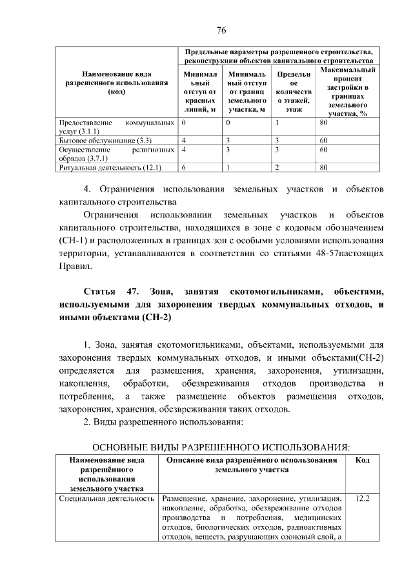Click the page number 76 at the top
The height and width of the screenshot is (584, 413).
[221, 30]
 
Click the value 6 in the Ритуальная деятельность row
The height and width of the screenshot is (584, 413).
[185, 167]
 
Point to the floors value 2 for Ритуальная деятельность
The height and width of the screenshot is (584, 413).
[276, 167]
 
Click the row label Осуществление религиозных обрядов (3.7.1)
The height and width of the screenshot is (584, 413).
[116, 154]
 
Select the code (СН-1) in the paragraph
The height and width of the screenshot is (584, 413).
[70, 241]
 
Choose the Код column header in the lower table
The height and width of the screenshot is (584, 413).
[363, 460]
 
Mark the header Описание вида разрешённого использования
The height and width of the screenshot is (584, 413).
[252, 465]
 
